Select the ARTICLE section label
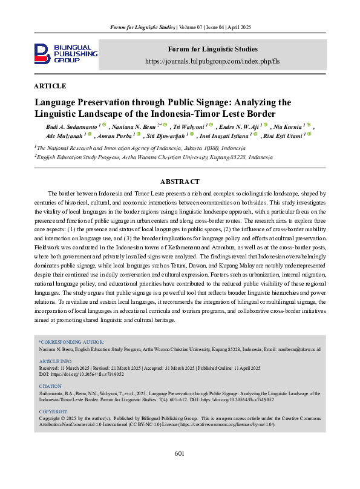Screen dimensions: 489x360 tap(50, 86)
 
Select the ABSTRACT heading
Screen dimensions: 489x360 tap(180, 182)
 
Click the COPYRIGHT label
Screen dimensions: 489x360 tap(53, 412)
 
